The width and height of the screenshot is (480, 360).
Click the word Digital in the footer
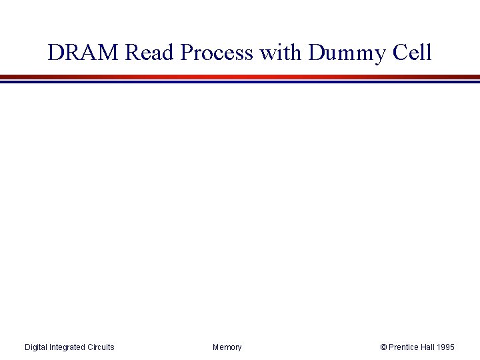pyautogui.click(x=36, y=347)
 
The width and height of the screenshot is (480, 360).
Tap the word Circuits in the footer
pyautogui.click(x=101, y=347)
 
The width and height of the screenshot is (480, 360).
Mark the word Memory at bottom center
pyautogui.click(x=227, y=347)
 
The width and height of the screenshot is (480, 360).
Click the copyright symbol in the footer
pyautogui.click(x=383, y=347)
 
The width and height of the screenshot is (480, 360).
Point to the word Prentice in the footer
pyautogui.click(x=403, y=347)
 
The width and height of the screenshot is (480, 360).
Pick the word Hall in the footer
pyautogui.click(x=429, y=347)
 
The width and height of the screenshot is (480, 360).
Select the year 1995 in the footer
pyautogui.click(x=447, y=347)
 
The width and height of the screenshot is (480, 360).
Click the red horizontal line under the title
pyautogui.click(x=240, y=77)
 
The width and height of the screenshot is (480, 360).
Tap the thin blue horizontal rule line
pyautogui.click(x=240, y=82)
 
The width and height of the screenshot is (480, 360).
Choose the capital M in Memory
pyautogui.click(x=216, y=347)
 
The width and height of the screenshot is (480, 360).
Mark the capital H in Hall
pyautogui.click(x=423, y=347)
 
